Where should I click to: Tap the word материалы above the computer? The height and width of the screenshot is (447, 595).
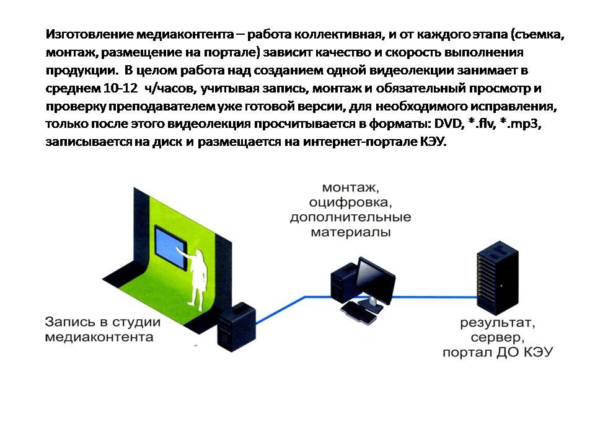pos(351,233)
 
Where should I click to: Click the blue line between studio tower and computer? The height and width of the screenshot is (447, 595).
pos(291,306)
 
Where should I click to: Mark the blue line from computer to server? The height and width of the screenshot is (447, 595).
pos(434,297)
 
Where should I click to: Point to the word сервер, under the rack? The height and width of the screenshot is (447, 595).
pos(498,338)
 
